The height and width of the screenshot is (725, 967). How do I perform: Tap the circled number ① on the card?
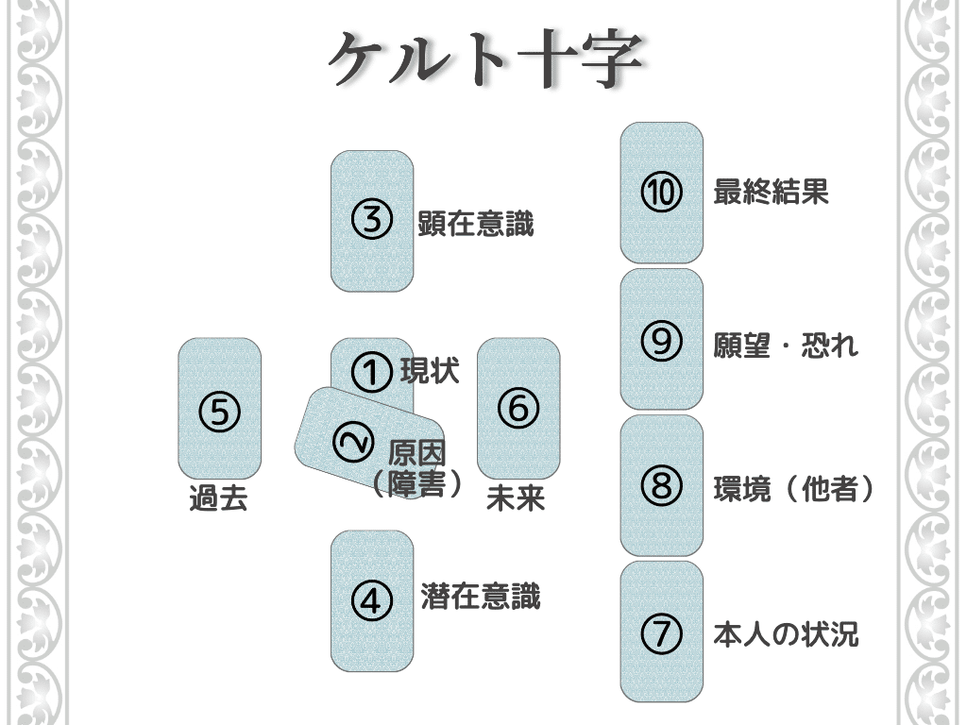371,371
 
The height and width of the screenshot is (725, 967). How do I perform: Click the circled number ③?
371,221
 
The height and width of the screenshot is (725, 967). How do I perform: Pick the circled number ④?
371,600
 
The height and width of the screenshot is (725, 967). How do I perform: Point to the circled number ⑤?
219,412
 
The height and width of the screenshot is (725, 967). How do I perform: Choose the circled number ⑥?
517,408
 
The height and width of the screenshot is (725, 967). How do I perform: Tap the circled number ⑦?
661,632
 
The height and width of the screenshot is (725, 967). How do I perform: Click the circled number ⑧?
661,486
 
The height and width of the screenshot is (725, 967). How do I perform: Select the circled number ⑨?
661,341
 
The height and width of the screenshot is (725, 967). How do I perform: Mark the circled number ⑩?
661,194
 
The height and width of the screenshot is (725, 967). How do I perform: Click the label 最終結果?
771,193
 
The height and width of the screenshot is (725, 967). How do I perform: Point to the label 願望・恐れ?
786,345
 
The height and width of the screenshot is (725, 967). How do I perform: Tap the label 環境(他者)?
793,489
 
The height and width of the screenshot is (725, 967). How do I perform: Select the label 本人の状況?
786,634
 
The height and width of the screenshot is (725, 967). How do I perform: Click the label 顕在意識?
476,225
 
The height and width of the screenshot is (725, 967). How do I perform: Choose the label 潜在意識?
480,597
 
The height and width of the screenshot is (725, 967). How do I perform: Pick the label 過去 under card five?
218,498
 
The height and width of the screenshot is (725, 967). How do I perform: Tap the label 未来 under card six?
516,498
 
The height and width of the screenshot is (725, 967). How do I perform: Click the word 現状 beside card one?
430,370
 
